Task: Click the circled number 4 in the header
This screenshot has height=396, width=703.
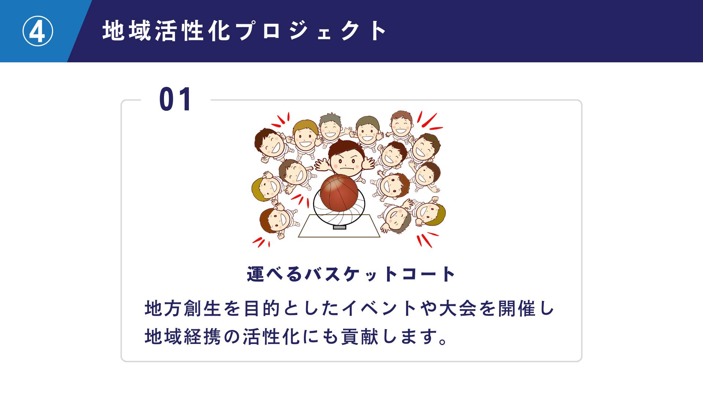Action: pyautogui.click(x=38, y=32)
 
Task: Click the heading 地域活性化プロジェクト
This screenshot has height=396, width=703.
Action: pyautogui.click(x=245, y=31)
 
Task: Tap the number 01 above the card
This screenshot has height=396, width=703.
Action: pyautogui.click(x=175, y=99)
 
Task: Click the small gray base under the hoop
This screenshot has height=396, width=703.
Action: pyautogui.click(x=339, y=227)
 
